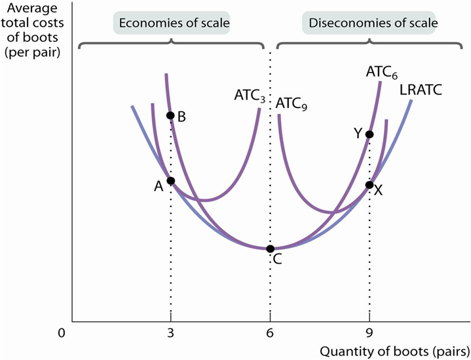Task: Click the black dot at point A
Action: [171, 180]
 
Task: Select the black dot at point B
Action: [170, 115]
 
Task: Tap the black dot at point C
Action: [270, 249]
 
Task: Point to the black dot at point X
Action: [369, 184]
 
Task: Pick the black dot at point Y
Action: [369, 134]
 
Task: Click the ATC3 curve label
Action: [250, 95]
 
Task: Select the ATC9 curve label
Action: [292, 104]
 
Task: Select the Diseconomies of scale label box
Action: [370, 23]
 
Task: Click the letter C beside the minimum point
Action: [277, 260]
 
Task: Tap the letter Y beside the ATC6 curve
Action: [358, 132]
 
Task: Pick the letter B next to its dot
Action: [182, 117]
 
